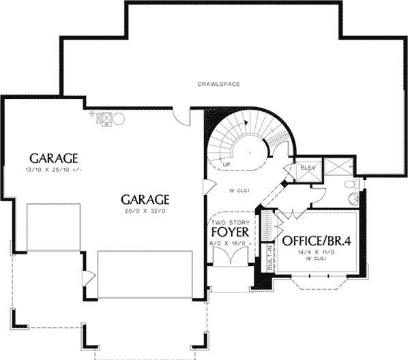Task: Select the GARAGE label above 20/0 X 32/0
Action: click(x=145, y=199)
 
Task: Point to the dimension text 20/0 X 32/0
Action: click(x=145, y=211)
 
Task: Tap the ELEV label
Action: click(x=306, y=167)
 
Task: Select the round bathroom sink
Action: click(x=353, y=199)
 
